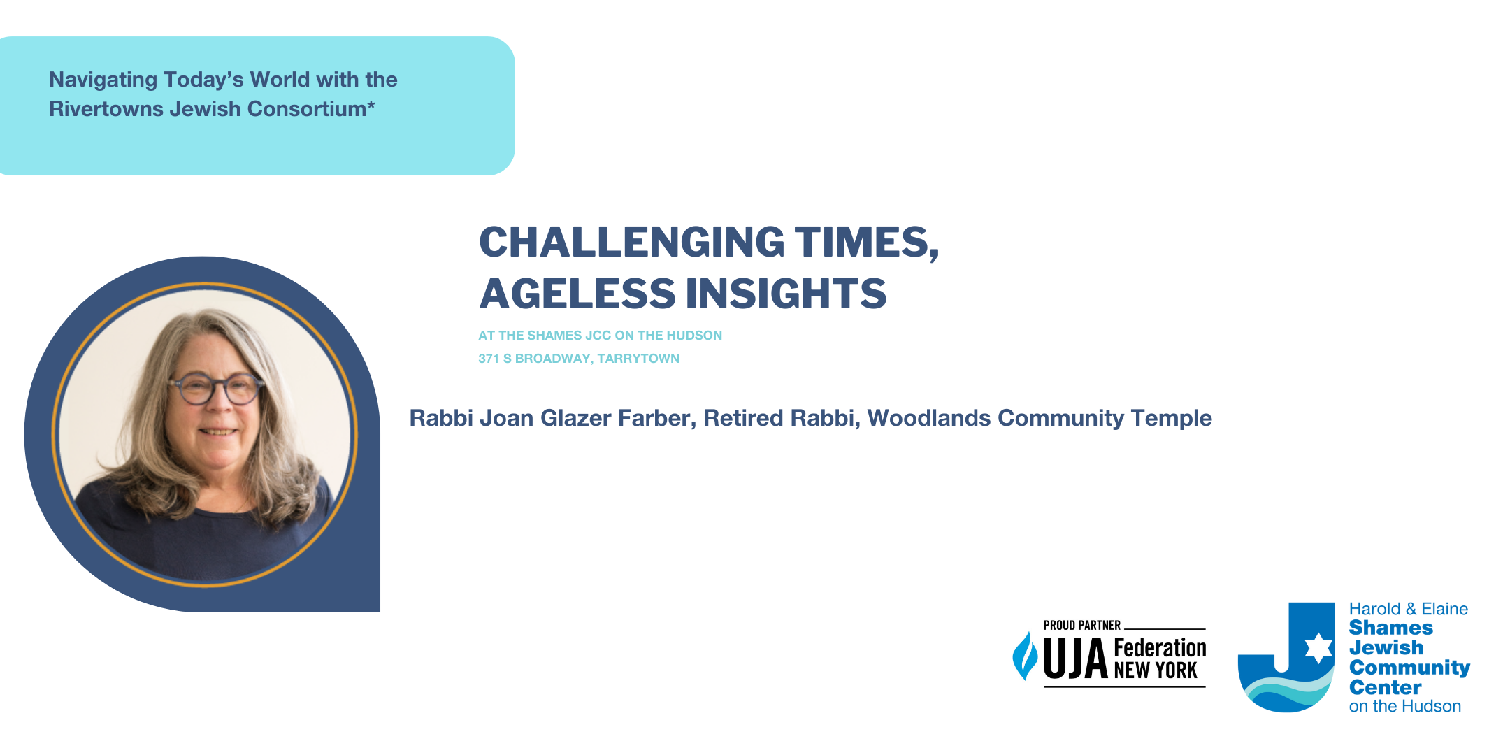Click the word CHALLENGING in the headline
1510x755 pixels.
coord(632,242)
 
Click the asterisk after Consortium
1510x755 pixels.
coord(371,105)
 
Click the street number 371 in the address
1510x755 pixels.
coord(488,359)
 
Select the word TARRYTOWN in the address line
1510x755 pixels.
coord(638,359)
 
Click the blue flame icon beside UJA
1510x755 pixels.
coord(1026,656)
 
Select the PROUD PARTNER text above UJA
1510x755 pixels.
coord(1081,626)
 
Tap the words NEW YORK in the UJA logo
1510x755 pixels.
coord(1156,670)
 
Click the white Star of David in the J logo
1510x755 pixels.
coord(1319,648)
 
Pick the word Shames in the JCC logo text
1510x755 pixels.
coord(1391,628)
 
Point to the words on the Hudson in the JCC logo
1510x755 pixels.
coord(1405,706)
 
